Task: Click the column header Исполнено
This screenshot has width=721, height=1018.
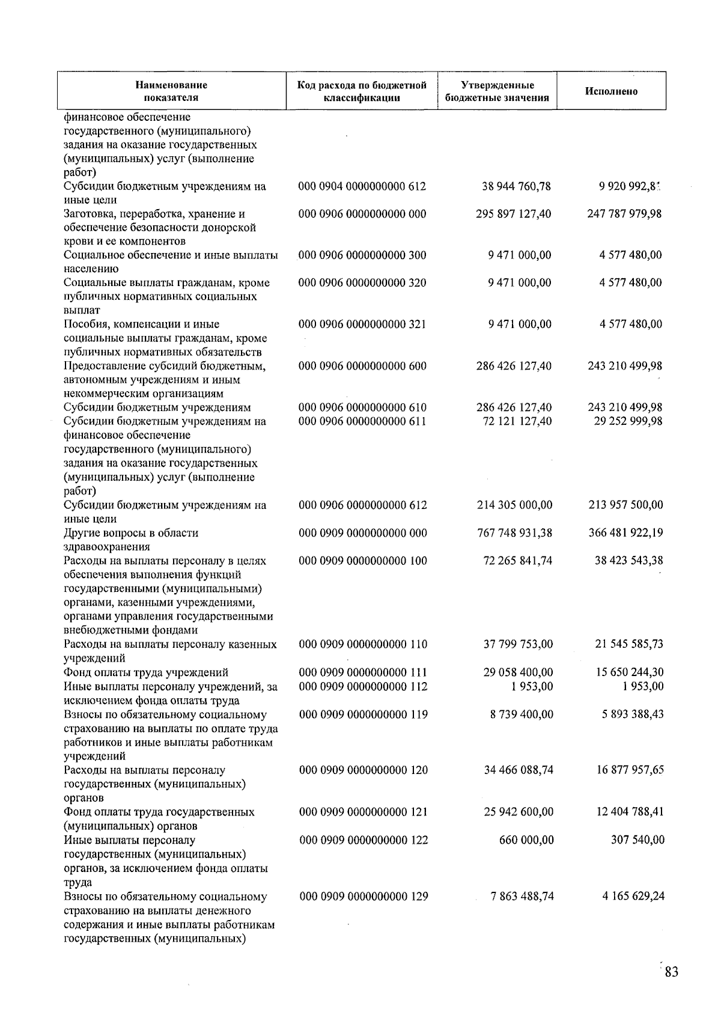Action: click(x=611, y=91)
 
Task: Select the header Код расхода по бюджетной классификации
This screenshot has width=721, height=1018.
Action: click(x=362, y=91)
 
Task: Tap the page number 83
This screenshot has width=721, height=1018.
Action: click(x=671, y=972)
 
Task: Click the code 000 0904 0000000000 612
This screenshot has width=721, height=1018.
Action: click(x=362, y=186)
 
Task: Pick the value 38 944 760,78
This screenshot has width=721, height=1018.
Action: click(x=516, y=186)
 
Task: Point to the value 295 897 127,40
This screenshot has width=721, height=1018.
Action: click(x=514, y=214)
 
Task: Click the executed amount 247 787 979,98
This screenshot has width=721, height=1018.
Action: click(x=624, y=214)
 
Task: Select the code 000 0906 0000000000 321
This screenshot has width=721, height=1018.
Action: click(x=362, y=325)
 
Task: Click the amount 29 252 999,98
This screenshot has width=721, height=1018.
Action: click(x=628, y=421)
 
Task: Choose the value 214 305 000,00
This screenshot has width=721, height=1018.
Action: click(x=514, y=505)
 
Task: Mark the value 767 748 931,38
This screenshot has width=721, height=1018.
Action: click(x=514, y=533)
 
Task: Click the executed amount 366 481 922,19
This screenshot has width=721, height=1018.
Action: click(x=625, y=533)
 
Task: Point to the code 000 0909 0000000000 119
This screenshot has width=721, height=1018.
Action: click(x=364, y=715)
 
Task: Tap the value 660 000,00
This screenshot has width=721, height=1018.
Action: click(x=526, y=840)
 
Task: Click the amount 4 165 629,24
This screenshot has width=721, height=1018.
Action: click(x=633, y=896)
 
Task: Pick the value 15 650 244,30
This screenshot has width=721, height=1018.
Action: click(x=629, y=672)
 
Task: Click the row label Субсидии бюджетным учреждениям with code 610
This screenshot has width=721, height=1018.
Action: click(x=157, y=407)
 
